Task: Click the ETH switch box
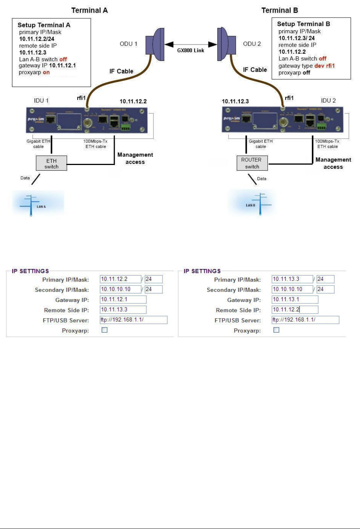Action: click(52, 163)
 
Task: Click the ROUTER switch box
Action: click(252, 163)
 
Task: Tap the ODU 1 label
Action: click(128, 44)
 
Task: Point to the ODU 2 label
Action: click(252, 44)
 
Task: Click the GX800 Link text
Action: click(190, 50)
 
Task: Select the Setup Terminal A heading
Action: click(44, 25)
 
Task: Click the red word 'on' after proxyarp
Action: click(46, 72)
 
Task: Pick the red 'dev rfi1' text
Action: click(325, 66)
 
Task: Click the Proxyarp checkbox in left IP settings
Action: click(105, 330)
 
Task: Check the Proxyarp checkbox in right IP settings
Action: click(276, 330)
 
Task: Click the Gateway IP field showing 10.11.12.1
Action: click(123, 299)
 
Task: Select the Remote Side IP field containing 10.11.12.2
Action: click(295, 309)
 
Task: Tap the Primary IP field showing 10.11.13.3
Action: click(292, 279)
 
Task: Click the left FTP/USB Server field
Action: click(133, 320)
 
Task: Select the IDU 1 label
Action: click(41, 100)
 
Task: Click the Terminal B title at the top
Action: click(280, 10)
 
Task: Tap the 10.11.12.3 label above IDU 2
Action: click(235, 101)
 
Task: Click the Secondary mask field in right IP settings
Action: click(325, 289)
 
